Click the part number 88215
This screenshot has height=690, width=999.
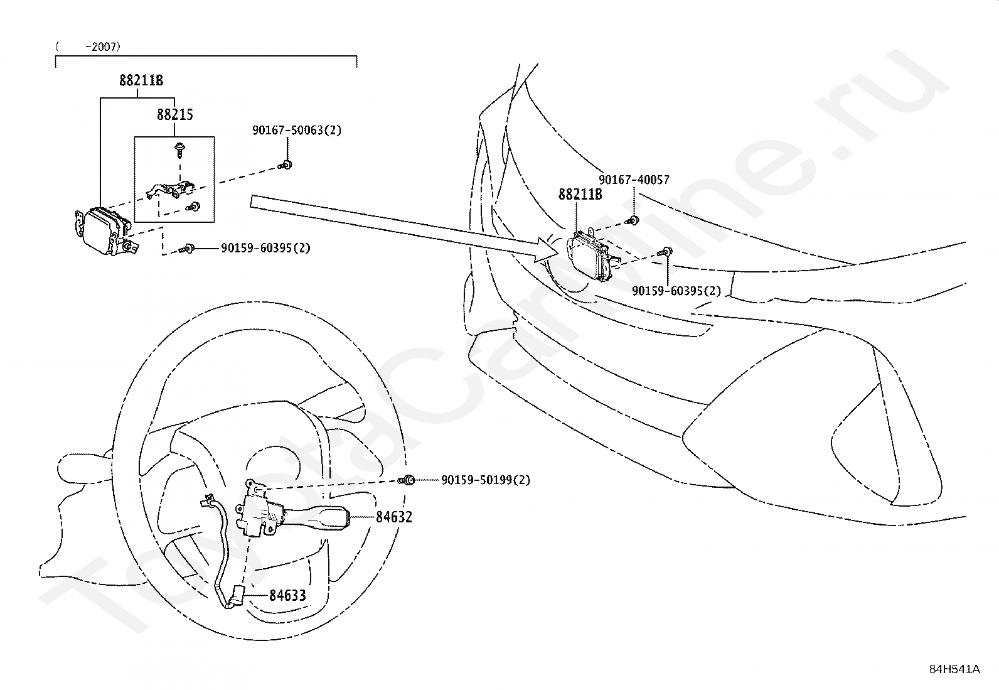tap(175, 115)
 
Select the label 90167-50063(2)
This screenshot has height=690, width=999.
tap(297, 131)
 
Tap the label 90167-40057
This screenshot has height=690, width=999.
tap(634, 180)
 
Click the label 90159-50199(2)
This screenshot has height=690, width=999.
tap(486, 480)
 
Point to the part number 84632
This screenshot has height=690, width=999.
tap(394, 517)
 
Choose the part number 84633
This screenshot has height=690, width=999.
tap(287, 595)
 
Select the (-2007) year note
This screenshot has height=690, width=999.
tap(88, 47)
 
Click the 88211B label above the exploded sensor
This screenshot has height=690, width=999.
tap(141, 80)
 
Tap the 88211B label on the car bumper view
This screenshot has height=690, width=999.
tap(580, 194)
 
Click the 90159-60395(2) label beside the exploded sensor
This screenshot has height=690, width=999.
tap(265, 248)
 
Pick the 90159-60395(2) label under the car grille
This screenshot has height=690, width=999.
tap(676, 291)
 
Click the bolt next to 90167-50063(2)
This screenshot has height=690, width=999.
tap(286, 165)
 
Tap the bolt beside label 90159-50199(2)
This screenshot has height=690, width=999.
tap(406, 480)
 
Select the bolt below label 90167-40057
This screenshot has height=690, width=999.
tap(633, 220)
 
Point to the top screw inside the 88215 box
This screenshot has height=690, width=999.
tap(180, 150)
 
